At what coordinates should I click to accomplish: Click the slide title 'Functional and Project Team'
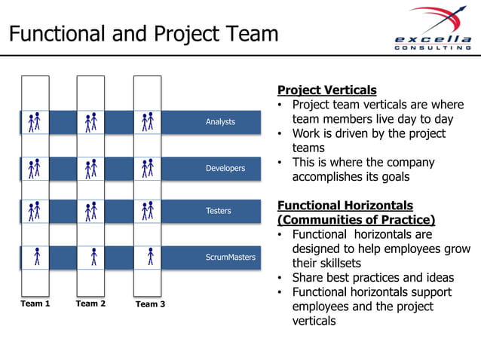[143, 34]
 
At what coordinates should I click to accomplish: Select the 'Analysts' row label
[220, 122]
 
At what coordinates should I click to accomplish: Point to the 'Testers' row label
[219, 211]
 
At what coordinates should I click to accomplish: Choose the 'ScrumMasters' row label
[230, 258]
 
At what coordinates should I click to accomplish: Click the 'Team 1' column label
[35, 304]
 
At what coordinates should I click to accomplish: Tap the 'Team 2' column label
[90, 304]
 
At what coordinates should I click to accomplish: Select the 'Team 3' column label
[149, 304]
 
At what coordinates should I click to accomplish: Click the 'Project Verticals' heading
[326, 90]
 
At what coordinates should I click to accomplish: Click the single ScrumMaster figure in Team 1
[36, 258]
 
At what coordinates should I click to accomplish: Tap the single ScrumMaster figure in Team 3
[150, 258]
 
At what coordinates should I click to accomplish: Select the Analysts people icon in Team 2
[91, 122]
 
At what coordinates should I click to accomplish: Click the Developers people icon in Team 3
[149, 168]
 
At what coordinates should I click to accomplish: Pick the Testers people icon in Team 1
[35, 211]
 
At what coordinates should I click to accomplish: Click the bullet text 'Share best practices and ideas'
[375, 277]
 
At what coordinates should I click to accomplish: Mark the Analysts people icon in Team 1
[35, 122]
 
